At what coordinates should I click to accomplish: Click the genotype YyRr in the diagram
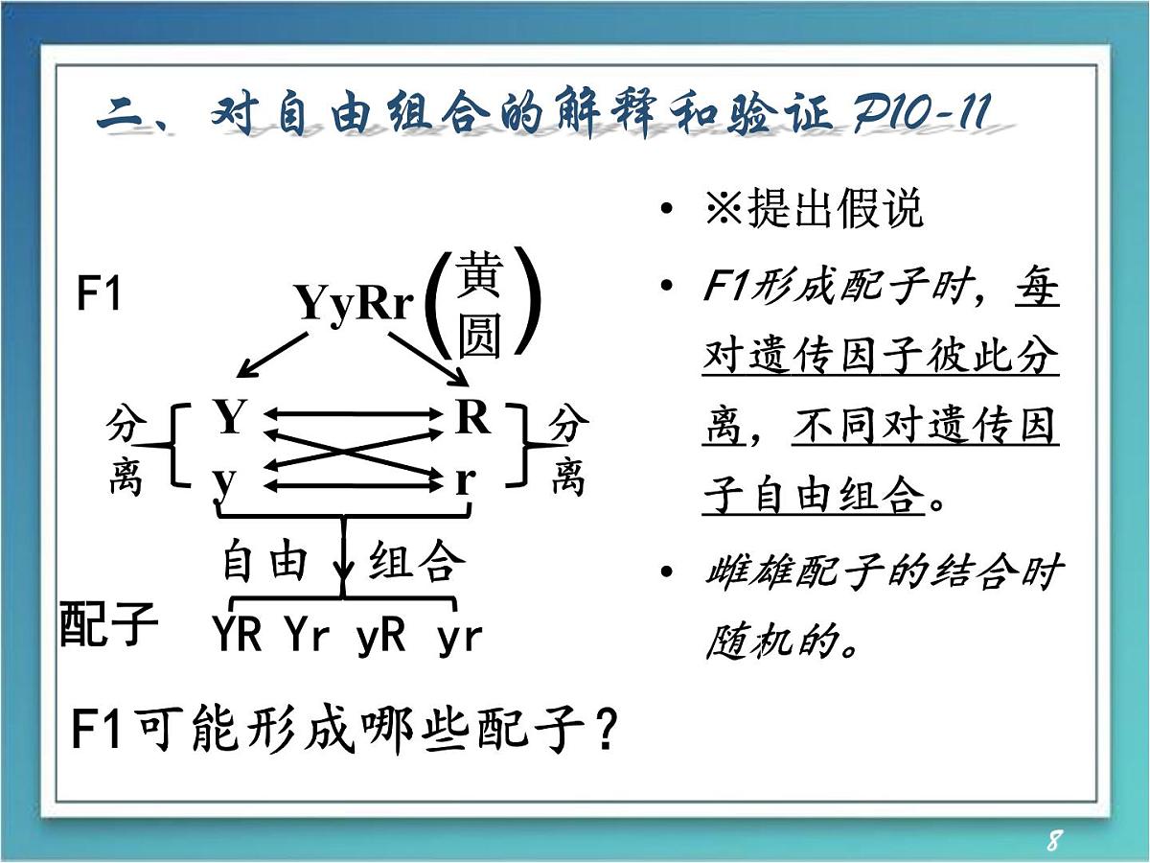(x=354, y=304)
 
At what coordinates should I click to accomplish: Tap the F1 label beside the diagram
(x=99, y=294)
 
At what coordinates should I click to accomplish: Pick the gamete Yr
(x=307, y=635)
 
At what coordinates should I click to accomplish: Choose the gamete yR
(x=380, y=635)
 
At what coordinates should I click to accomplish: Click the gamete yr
(x=459, y=636)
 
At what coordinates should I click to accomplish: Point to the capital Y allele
(x=230, y=418)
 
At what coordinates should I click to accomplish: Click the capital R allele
(x=472, y=418)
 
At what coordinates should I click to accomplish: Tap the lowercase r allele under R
(x=466, y=478)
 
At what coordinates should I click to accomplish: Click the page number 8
(x=1053, y=841)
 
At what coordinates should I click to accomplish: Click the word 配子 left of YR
(x=108, y=624)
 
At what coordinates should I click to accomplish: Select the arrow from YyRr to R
(x=426, y=355)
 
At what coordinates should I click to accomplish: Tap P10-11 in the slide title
(x=919, y=117)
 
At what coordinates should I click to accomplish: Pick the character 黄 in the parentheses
(x=479, y=276)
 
